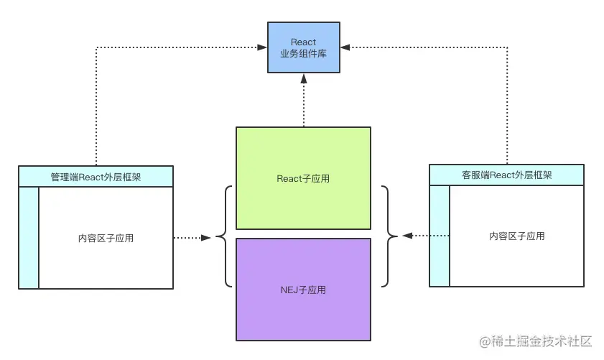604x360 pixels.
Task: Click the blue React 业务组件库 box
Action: point(303,47)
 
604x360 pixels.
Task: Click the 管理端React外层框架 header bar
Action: point(96,175)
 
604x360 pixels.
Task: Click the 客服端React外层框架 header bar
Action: point(506,174)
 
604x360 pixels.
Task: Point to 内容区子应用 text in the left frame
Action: point(106,238)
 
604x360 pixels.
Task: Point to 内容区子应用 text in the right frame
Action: point(516,236)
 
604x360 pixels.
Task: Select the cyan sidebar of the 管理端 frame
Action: point(29,237)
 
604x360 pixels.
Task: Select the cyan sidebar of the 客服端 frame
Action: point(440,236)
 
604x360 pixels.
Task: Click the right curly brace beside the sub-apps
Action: point(389,236)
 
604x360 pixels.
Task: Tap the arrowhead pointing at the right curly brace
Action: point(406,236)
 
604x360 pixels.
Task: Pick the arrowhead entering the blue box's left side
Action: point(263,47)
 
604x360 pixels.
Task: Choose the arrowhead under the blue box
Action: point(303,78)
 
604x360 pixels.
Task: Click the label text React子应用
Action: point(303,178)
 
